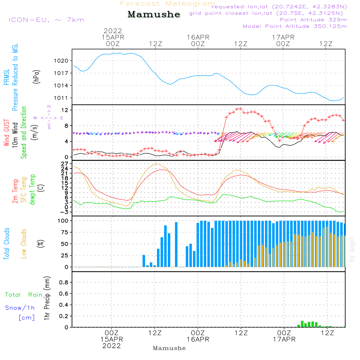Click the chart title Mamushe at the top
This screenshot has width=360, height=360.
point(154,14)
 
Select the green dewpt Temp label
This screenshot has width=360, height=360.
point(33,190)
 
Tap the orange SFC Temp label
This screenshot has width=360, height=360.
point(24,190)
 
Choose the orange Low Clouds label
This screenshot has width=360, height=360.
point(24,243)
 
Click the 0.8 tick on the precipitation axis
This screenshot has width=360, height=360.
point(64,283)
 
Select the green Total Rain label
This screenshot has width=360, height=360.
point(23,295)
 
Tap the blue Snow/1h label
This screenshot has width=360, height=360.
point(20,308)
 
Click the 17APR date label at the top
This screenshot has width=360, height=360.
point(283,37)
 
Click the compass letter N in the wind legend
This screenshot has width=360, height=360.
point(49,107)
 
